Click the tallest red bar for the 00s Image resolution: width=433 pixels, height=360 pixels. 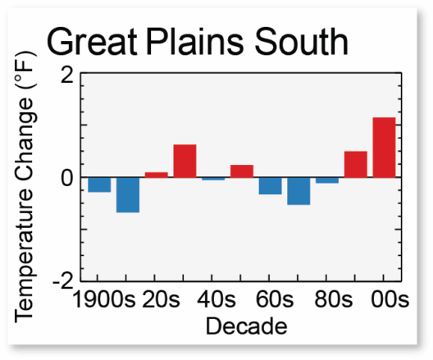[384, 148]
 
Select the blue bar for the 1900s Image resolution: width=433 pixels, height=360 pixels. [99, 185]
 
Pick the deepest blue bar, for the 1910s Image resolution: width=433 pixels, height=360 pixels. [128, 195]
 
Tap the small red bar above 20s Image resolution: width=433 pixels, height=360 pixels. [157, 175]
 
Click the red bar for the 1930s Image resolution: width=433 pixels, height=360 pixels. [185, 161]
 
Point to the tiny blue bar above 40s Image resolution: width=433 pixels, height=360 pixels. [213, 179]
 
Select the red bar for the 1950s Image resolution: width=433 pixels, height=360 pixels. [242, 171]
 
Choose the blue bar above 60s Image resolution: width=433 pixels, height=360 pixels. [271, 186]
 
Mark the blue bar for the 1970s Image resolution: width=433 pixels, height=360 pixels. [299, 191]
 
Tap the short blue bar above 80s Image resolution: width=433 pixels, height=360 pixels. [327, 180]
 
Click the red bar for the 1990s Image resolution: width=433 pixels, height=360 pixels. [356, 164]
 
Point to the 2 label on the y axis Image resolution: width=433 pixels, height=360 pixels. [67, 75]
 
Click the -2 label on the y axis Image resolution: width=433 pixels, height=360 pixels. [63, 282]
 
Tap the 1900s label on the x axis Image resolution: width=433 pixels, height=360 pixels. [103, 299]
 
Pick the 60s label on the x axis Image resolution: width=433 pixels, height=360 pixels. [275, 299]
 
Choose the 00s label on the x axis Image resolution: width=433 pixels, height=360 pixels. [390, 299]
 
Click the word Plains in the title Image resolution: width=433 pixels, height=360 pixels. [194, 42]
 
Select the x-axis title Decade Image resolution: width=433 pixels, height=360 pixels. [247, 326]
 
